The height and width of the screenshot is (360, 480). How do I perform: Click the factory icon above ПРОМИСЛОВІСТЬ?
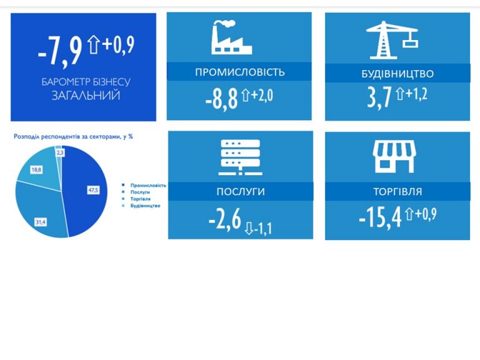click(231, 37)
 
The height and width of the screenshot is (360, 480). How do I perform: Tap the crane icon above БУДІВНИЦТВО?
click(392, 40)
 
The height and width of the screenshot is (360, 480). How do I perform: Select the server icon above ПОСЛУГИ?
click(240, 157)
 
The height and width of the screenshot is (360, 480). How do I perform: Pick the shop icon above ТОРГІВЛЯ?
click(394, 156)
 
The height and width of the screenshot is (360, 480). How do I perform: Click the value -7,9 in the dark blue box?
click(60, 51)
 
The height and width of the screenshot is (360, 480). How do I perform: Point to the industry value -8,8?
click(222, 99)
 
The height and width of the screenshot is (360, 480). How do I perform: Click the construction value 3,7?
click(379, 97)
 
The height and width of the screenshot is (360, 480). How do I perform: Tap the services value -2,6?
click(225, 219)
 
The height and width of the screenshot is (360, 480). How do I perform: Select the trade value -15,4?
click(380, 217)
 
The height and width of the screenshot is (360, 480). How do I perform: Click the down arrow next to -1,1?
click(249, 228)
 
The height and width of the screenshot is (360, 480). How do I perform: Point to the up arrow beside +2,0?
click(246, 95)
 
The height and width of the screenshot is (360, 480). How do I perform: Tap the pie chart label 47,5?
click(93, 190)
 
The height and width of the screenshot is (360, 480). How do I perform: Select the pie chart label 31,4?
click(41, 222)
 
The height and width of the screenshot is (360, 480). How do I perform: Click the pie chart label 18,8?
click(36, 169)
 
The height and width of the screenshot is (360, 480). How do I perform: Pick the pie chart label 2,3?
click(60, 152)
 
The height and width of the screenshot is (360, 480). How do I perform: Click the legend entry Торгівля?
click(141, 199)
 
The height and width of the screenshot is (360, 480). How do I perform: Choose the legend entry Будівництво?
click(146, 206)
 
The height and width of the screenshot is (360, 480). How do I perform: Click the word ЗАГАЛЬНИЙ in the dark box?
click(86, 95)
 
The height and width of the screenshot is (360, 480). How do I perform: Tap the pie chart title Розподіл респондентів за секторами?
click(67, 137)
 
